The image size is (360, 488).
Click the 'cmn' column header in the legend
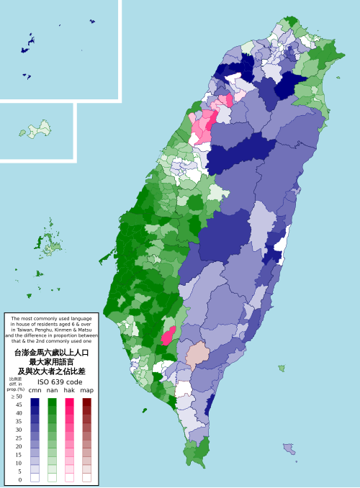point(35,390)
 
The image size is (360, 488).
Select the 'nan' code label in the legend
point(52,390)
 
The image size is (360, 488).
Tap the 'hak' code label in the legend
point(70,390)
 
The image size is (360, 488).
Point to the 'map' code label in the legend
point(87,390)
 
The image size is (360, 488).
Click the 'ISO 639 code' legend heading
point(50,381)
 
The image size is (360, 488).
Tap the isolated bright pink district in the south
point(168,335)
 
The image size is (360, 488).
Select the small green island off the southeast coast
point(281,369)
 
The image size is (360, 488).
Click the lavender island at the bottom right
point(289,449)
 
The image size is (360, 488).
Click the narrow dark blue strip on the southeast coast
point(210,404)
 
